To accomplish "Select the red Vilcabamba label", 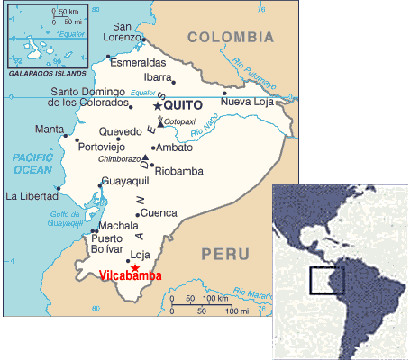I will [x=131, y=276].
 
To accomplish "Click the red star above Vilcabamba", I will [x=134, y=266].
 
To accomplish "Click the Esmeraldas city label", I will [x=137, y=63].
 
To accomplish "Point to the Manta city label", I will [x=50, y=129].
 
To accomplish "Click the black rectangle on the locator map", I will [x=326, y=280].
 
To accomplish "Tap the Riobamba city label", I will [x=179, y=171].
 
